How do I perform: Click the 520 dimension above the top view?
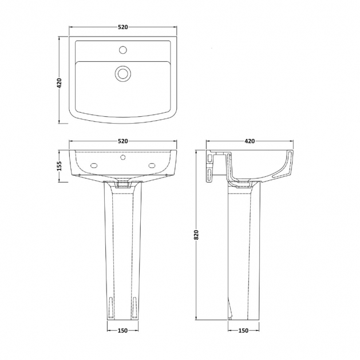(123, 27)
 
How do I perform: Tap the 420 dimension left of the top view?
(59, 83)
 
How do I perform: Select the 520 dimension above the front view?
(123, 141)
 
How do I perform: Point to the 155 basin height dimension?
(59, 166)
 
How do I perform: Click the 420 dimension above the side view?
(250, 141)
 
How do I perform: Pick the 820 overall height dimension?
(196, 235)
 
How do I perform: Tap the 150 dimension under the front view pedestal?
(122, 331)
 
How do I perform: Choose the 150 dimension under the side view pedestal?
(243, 331)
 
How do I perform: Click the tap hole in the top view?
(123, 50)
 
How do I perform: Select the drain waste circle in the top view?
(123, 73)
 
